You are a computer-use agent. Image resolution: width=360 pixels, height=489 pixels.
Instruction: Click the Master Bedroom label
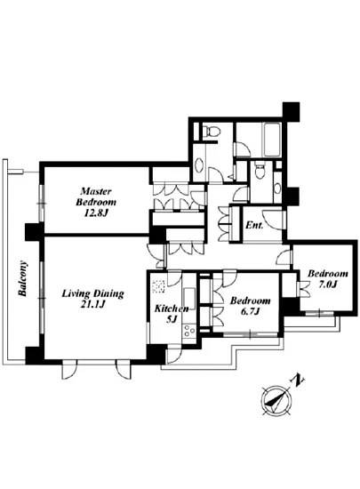point(96,196)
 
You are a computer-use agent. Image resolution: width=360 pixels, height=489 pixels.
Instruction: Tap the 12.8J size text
point(95,213)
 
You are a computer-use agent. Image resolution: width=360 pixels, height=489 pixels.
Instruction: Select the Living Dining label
point(92,293)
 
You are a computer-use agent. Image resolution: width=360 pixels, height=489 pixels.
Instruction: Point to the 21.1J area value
point(92,305)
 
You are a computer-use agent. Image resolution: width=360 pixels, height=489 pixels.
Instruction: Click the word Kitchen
point(172,309)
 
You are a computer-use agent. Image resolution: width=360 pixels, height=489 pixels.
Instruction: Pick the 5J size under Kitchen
point(172,319)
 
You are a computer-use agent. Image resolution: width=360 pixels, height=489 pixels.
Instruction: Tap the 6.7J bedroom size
point(250,311)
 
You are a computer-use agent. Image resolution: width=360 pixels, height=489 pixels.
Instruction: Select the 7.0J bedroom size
point(327,285)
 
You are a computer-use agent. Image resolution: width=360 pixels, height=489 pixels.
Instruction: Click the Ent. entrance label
point(254,225)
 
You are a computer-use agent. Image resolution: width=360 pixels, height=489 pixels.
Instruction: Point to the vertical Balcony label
point(23,278)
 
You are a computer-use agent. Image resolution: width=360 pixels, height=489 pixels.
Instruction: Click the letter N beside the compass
point(297,381)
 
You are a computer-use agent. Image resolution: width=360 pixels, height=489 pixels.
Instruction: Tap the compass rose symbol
point(276,400)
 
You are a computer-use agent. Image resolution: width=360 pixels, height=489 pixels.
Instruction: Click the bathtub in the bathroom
point(273,140)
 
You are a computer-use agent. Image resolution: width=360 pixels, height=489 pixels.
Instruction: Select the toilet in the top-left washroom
point(209,131)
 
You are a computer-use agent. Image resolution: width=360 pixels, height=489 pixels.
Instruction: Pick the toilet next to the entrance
point(259,170)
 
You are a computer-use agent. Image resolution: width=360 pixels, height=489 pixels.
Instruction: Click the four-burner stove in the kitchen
point(189,331)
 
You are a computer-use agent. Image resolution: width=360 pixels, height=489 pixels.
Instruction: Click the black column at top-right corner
point(291,111)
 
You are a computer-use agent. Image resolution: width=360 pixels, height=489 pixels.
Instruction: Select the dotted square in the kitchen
point(158,286)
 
